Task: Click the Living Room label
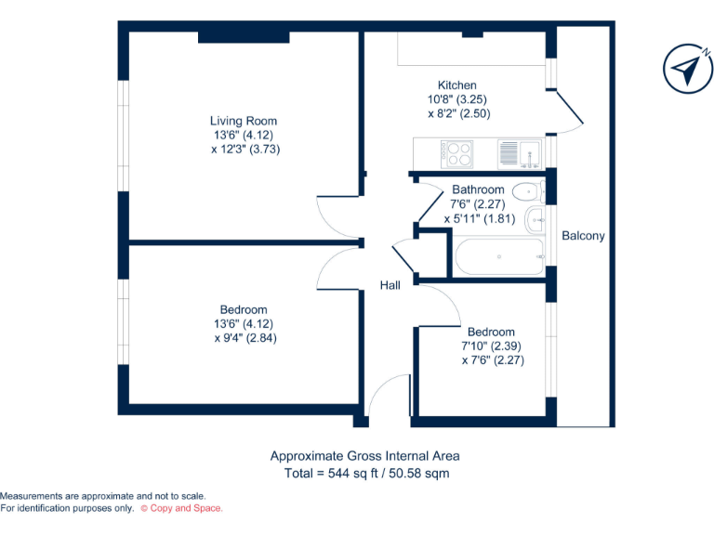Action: coord(243,121)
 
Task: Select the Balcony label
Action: coord(583,236)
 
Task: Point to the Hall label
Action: coord(390,285)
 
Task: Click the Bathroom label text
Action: coord(478,190)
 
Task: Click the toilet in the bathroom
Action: coord(528,193)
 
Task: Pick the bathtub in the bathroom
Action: coord(497,256)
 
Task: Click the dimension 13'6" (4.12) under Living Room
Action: coord(243,135)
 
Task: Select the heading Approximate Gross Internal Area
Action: coord(364,456)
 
